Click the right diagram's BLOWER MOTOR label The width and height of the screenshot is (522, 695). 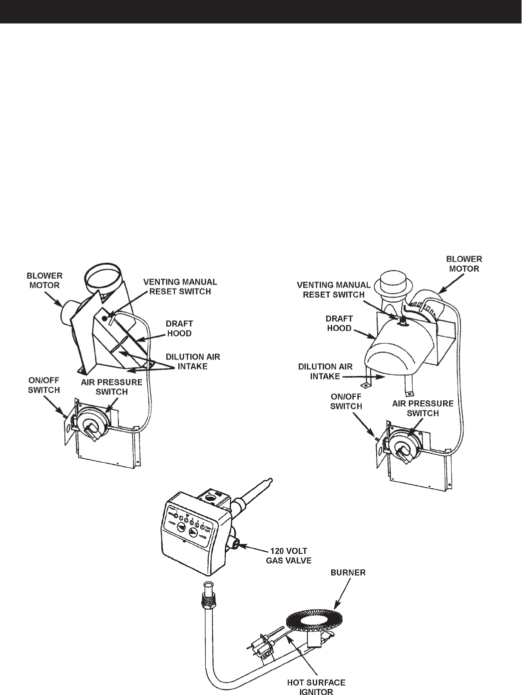(x=465, y=263)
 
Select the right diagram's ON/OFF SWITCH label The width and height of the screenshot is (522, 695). (x=346, y=402)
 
